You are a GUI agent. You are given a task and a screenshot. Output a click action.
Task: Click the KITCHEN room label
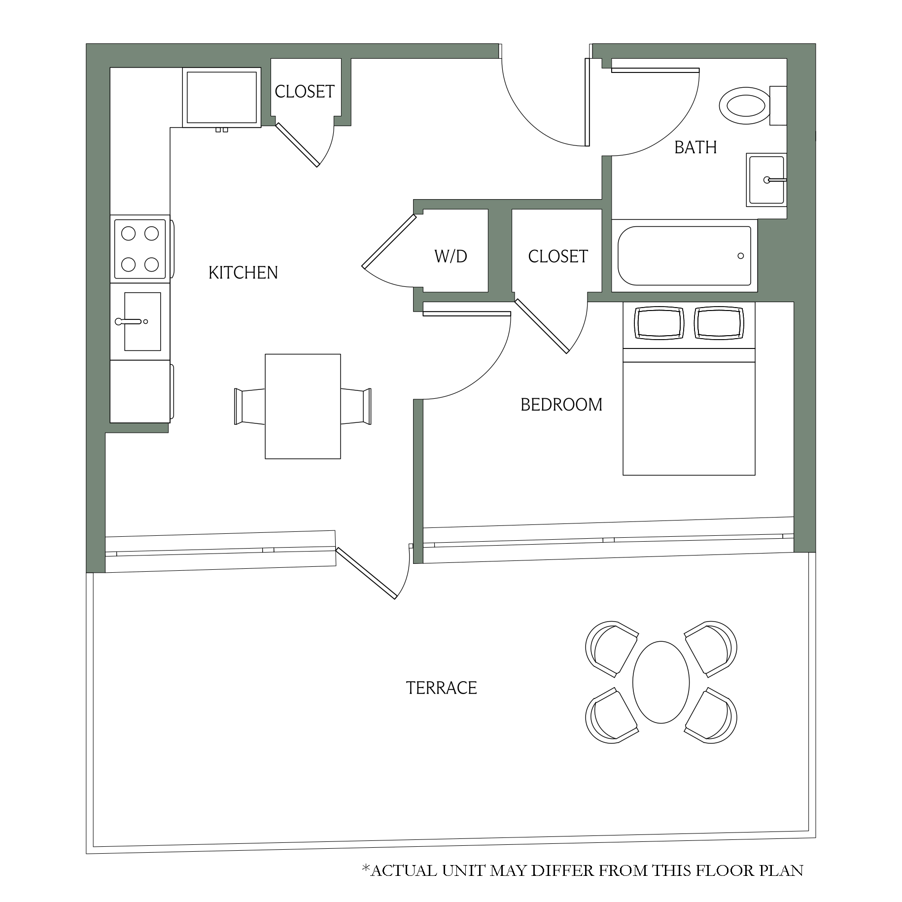(x=243, y=273)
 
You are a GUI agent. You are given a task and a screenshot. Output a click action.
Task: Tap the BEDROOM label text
(x=561, y=405)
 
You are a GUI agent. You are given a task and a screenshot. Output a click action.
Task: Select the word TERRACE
(x=442, y=688)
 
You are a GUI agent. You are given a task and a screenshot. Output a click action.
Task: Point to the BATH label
(x=695, y=147)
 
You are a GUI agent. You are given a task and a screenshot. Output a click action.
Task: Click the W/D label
(x=451, y=256)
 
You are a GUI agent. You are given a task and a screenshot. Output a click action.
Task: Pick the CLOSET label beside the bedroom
(x=558, y=256)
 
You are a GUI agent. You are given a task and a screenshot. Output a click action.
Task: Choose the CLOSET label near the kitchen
(x=305, y=92)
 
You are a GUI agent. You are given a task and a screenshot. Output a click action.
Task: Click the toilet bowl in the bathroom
(x=745, y=105)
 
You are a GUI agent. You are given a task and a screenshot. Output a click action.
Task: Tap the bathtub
(x=685, y=256)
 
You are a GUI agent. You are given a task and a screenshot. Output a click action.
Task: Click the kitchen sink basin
(x=142, y=321)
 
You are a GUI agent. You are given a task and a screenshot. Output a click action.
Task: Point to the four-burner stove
(x=140, y=249)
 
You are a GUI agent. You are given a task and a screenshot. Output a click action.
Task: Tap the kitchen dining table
(x=303, y=407)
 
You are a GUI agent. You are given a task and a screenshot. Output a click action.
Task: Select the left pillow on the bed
(x=659, y=323)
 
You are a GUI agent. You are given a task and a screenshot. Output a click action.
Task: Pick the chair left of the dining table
(x=249, y=407)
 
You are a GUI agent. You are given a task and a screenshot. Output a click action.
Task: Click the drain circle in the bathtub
(x=740, y=256)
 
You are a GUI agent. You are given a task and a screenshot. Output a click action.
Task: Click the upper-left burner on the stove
(x=129, y=233)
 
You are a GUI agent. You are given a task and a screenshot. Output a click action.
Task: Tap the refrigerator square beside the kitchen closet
(x=222, y=98)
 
